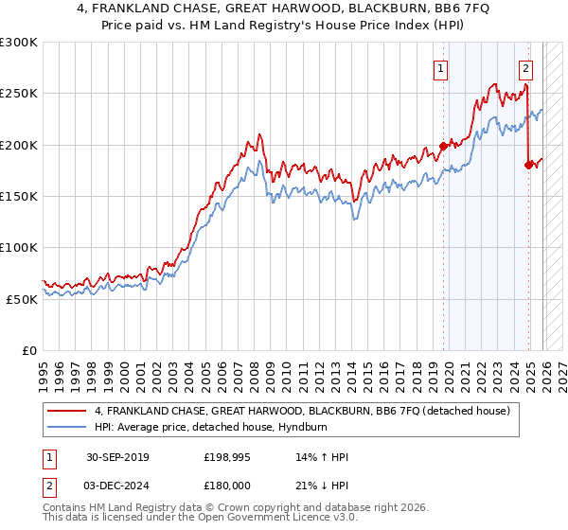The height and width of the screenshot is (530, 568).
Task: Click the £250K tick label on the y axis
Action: pos(19,94)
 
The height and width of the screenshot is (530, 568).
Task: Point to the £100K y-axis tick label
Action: pos(19,247)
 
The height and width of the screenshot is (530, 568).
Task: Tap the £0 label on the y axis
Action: pos(29,350)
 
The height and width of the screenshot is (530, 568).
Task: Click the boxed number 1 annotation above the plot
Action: pos(441,67)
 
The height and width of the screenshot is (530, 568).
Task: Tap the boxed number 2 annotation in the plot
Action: pos(525,67)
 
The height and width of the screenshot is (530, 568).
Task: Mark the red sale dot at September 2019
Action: pos(443,146)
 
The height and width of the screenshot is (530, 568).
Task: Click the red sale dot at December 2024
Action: pos(528,166)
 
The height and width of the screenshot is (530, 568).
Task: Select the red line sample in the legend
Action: pos(67,411)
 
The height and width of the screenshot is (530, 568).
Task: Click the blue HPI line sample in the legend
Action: pos(67,427)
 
